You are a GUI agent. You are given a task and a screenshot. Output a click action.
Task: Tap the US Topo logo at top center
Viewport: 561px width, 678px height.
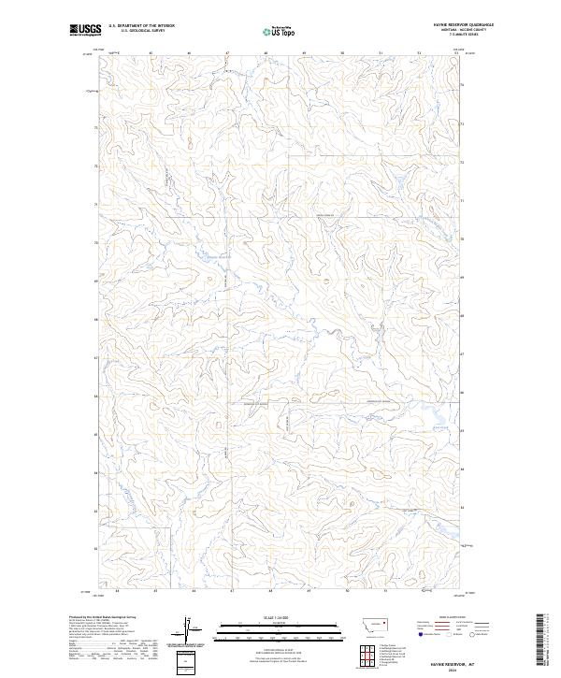[x=281, y=32]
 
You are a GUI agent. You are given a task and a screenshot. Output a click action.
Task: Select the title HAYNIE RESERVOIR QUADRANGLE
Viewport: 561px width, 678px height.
[x=464, y=25]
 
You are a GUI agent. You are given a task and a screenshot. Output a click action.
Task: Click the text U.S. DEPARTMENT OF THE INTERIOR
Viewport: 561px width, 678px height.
[x=141, y=26]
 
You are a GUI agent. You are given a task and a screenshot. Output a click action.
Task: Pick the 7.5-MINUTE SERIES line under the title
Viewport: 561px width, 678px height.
[x=464, y=39]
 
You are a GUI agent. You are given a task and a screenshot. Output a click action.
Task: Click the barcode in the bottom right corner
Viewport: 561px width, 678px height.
[x=542, y=640]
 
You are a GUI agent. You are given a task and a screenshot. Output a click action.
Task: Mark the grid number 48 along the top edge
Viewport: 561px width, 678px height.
[x=268, y=53]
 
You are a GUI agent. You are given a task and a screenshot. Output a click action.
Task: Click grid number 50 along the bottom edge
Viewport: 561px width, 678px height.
[x=346, y=590]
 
